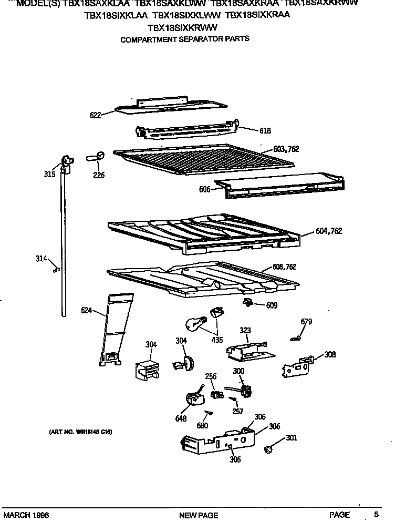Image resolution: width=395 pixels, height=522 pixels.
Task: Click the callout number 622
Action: pos(95,116)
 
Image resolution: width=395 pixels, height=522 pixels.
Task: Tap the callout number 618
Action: pos(265,130)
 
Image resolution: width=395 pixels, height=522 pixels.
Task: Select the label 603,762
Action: pos(286,149)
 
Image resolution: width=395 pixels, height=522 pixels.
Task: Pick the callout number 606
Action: pos(205,189)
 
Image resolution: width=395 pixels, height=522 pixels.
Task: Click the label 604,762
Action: pos(329,231)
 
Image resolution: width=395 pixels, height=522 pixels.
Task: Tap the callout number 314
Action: pos(41,258)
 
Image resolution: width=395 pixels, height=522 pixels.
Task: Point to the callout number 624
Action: pos(87,311)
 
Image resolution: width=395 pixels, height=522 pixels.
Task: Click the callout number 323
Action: pos(245,331)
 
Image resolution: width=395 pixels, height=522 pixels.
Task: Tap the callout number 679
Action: pos(306,322)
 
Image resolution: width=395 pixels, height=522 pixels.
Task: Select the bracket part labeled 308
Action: pos(297,365)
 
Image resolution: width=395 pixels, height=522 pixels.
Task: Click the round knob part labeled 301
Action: pos(268,449)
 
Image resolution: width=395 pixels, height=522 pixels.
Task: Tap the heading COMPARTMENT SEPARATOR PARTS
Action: pos(185,39)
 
